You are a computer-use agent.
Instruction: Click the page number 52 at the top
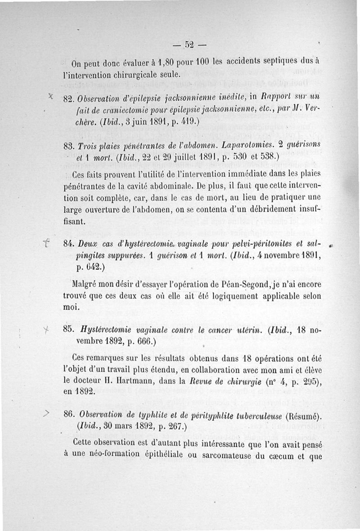[x=189, y=45]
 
